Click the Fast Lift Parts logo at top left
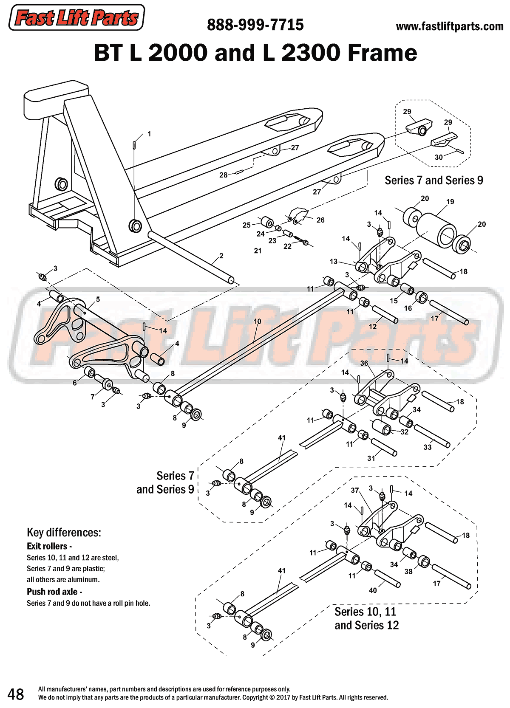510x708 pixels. pyautogui.click(x=76, y=18)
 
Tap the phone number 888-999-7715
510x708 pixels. pyautogui.click(x=255, y=25)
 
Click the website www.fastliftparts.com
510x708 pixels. pyautogui.click(x=449, y=26)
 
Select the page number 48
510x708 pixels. pyautogui.click(x=16, y=694)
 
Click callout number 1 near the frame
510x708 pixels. pyautogui.click(x=149, y=134)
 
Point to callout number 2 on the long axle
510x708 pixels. pyautogui.click(x=221, y=256)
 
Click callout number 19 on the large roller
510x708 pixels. pyautogui.click(x=450, y=202)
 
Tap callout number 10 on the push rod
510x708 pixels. pyautogui.click(x=258, y=322)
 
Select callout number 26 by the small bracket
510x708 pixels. pyautogui.click(x=320, y=220)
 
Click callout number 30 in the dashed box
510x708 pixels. pyautogui.click(x=439, y=157)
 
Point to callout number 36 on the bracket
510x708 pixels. pyautogui.click(x=364, y=363)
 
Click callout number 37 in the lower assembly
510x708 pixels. pyautogui.click(x=355, y=490)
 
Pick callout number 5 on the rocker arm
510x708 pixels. pyautogui.click(x=98, y=299)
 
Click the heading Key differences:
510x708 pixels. pyautogui.click(x=64, y=533)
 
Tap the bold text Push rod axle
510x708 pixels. pyautogui.click(x=52, y=592)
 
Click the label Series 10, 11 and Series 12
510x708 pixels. pyautogui.click(x=366, y=618)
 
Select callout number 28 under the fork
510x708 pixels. pyautogui.click(x=223, y=175)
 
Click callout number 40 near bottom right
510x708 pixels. pyautogui.click(x=373, y=590)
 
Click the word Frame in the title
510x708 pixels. pyautogui.click(x=382, y=53)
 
